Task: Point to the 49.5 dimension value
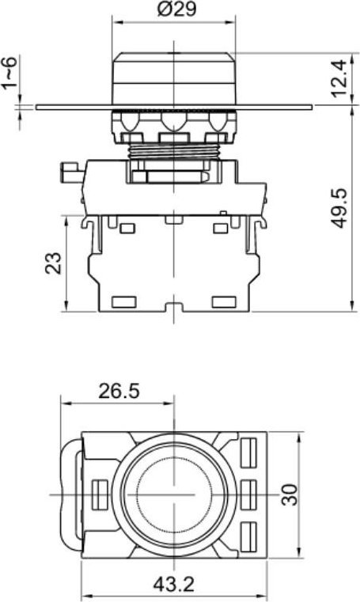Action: point(339,208)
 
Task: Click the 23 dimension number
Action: point(53,263)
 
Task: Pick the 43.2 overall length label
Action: point(175,585)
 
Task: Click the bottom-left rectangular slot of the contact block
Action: point(124,301)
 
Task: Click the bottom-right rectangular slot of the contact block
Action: point(225,301)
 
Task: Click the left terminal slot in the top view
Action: point(99,494)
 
